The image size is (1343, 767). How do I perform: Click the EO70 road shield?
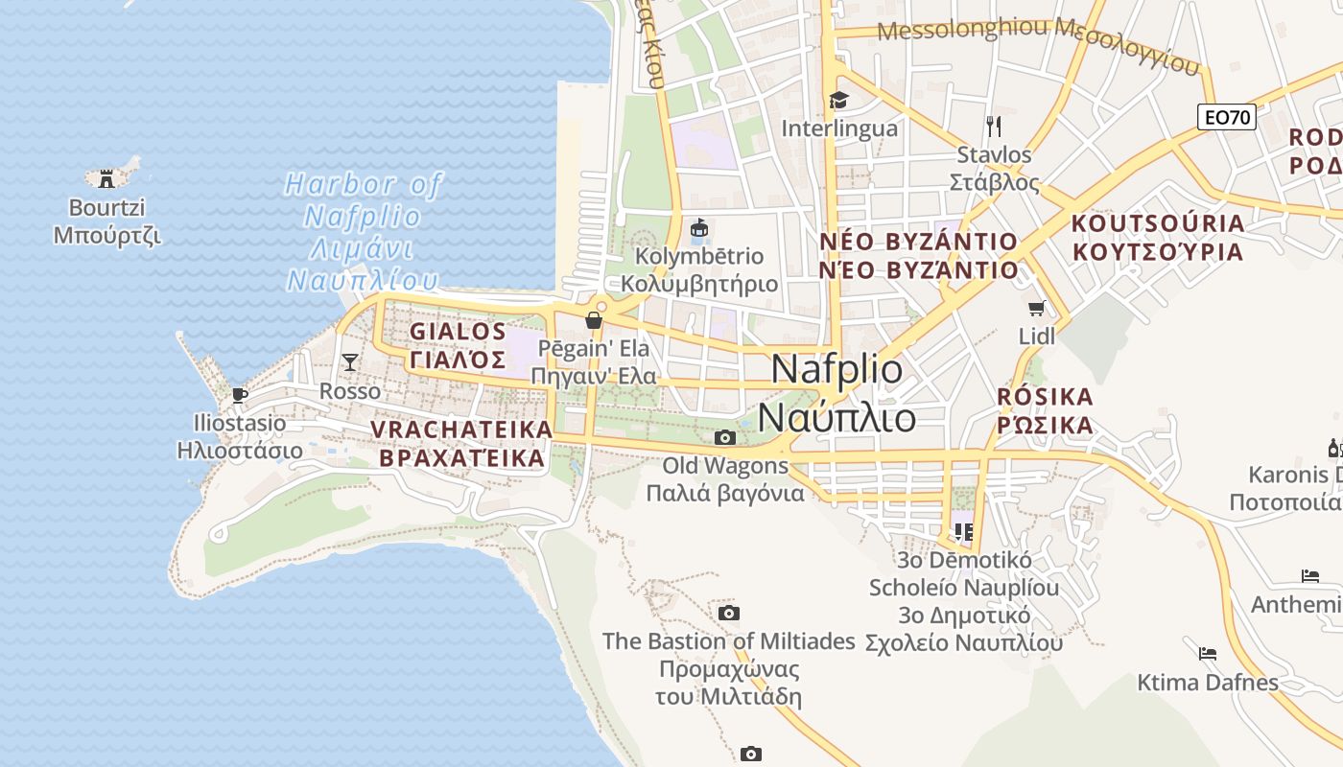click(1227, 117)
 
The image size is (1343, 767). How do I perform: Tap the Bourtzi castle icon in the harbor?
click(106, 177)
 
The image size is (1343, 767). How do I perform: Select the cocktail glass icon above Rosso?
click(349, 361)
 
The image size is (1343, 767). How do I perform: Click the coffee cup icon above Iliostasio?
click(239, 394)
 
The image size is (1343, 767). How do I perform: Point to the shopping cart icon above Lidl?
click(1036, 308)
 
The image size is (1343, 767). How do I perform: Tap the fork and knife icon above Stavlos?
click(994, 126)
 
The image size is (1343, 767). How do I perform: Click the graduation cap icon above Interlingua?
click(838, 100)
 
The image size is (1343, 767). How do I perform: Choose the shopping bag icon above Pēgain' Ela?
click(594, 319)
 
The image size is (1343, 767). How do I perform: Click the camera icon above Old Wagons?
click(725, 438)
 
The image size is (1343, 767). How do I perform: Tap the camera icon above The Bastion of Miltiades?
click(729, 613)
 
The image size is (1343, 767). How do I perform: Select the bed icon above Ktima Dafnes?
click(1207, 654)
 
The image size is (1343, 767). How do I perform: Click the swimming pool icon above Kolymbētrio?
click(699, 229)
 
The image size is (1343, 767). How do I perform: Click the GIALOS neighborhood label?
click(458, 332)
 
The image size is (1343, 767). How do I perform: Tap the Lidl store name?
click(1036, 336)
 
